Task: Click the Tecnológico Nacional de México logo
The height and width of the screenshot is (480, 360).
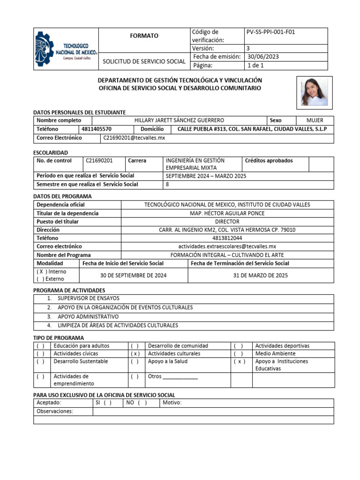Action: (66, 49)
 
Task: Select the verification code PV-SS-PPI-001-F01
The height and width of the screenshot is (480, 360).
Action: (270, 32)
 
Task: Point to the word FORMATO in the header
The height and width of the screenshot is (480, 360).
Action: (144, 36)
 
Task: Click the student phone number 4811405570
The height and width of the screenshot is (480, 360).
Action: (97, 129)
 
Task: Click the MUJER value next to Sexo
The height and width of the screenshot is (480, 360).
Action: (315, 120)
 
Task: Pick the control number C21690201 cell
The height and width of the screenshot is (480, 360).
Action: (99, 160)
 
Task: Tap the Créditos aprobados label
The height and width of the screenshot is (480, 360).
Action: (269, 160)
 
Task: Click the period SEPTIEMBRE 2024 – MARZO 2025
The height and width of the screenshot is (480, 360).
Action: (206, 176)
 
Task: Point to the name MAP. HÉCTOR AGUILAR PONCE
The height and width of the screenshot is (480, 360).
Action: (227, 213)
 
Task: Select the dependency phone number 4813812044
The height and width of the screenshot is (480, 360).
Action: (227, 238)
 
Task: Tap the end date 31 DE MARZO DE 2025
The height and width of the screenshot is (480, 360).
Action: (261, 275)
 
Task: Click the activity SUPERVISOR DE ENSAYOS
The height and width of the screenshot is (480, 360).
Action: (88, 298)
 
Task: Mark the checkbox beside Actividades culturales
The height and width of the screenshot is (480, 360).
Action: (135, 353)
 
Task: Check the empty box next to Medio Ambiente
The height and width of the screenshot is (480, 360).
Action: (238, 353)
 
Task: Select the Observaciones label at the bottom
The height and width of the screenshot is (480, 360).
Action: (55, 411)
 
